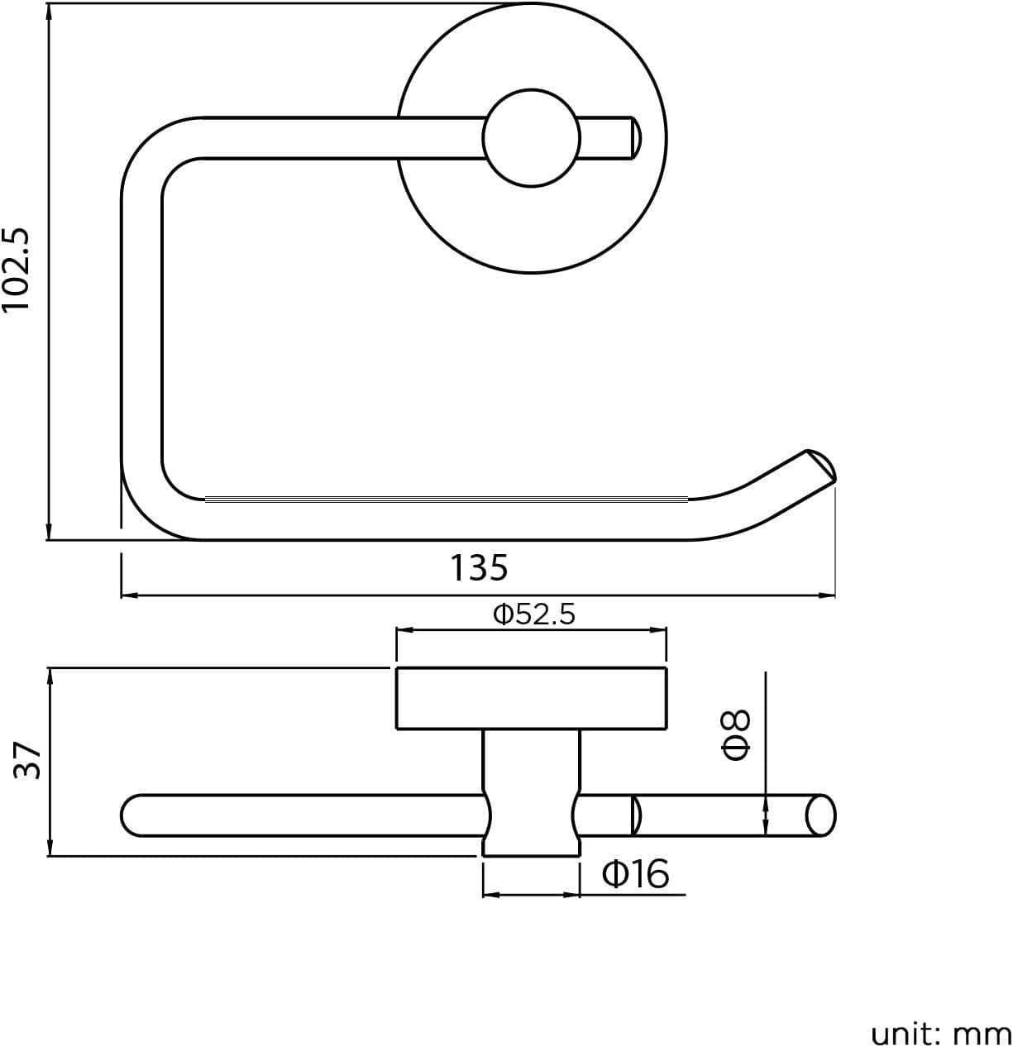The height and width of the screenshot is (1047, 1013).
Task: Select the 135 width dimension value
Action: pos(479,568)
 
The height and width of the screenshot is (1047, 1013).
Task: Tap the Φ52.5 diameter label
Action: pos(533,614)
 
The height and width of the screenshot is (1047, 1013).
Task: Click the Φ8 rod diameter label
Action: pos(736,734)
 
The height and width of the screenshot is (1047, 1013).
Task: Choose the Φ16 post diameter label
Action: pos(635,873)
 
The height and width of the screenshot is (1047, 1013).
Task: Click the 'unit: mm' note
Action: pos(940,1033)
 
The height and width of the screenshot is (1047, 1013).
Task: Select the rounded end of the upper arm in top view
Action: pos(633,137)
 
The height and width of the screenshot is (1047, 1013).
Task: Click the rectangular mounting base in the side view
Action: pos(531,698)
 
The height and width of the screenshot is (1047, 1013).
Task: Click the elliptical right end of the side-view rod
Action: pos(820,815)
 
